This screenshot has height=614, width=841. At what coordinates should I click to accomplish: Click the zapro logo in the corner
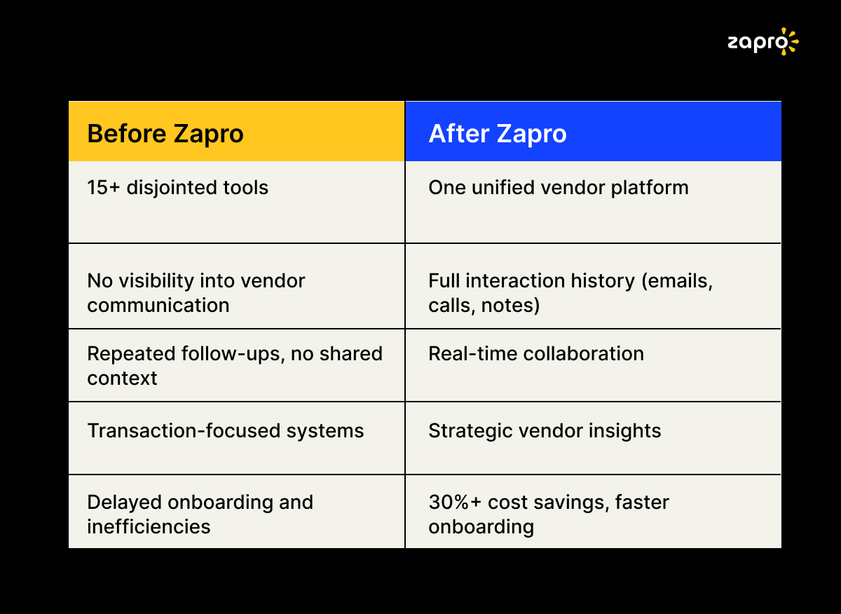[763, 41]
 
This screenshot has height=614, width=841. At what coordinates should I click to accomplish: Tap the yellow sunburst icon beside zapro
[791, 41]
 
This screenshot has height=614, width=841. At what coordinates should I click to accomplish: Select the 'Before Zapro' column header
[165, 134]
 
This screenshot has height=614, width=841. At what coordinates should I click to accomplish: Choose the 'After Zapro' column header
[498, 134]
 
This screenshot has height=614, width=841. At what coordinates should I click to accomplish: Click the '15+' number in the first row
[104, 187]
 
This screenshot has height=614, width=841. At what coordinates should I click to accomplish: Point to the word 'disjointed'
[172, 187]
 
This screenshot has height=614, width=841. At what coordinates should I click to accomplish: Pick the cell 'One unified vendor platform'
[559, 187]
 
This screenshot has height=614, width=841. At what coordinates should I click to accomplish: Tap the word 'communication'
[158, 305]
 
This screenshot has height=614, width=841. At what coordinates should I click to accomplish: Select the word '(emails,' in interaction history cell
[677, 281]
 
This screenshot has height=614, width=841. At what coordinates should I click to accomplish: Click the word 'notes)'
[511, 305]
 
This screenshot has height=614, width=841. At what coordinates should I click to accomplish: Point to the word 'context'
[122, 378]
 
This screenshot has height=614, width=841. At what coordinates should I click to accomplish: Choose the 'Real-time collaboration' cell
[536, 354]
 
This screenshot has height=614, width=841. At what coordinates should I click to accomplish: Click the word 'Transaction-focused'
[184, 430]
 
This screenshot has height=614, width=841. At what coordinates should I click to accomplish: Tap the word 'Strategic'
[470, 431]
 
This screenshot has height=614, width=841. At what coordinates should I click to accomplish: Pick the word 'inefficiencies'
[149, 526]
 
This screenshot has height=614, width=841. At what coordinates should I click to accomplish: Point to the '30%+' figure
[455, 503]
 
